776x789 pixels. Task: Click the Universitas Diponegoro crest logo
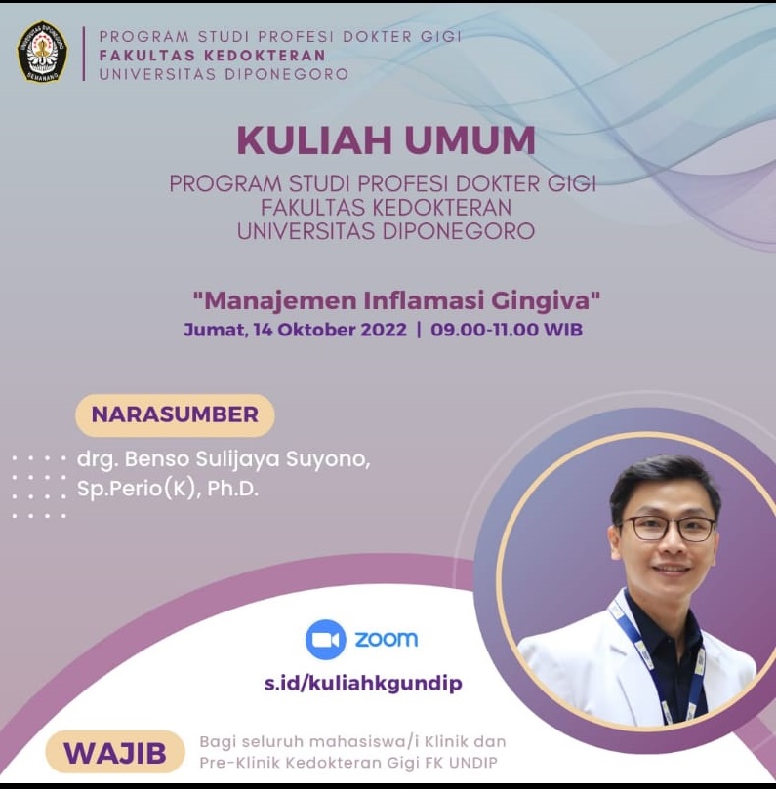(42, 52)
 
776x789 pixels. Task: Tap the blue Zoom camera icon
(325, 639)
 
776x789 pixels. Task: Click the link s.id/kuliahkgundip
(363, 684)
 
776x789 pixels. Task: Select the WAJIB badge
(115, 753)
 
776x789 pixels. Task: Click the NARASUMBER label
(175, 414)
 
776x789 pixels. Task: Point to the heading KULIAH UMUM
(387, 139)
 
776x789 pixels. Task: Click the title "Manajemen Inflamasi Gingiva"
(397, 300)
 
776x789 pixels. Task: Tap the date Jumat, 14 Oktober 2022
(295, 330)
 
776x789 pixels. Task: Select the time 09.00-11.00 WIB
(507, 330)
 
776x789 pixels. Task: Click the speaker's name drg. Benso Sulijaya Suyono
(224, 459)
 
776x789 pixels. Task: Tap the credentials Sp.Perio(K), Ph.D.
(168, 488)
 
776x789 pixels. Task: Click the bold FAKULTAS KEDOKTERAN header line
(213, 56)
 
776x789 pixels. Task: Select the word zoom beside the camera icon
(387, 639)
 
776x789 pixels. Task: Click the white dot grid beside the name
(39, 487)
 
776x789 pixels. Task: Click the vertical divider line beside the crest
(84, 54)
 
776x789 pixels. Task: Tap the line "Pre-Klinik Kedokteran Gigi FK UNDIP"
(348, 763)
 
